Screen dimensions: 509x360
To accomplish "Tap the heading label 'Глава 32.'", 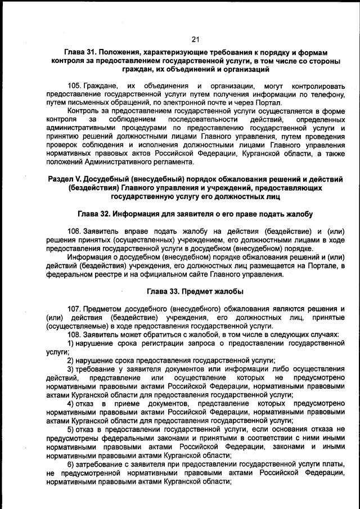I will tap(94, 214).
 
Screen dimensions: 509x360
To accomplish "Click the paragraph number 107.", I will tap(74, 309).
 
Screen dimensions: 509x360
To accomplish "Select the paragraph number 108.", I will tap(74, 334).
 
